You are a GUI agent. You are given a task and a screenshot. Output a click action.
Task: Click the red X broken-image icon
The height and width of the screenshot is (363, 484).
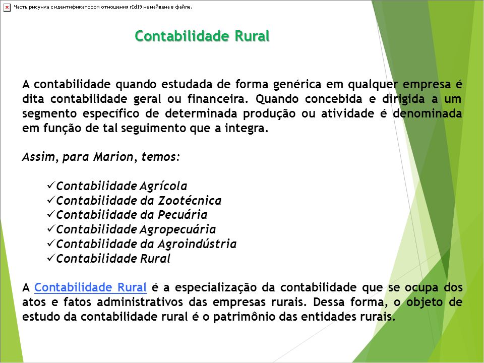click(7, 7)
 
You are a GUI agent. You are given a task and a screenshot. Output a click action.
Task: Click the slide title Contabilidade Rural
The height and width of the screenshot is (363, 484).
click(202, 36)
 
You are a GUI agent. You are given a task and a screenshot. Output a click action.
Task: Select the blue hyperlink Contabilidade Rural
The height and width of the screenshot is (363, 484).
click(90, 287)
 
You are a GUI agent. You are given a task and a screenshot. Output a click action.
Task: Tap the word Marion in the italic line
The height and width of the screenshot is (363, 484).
click(113, 156)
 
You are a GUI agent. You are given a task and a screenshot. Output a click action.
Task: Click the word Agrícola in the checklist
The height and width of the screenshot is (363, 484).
click(163, 186)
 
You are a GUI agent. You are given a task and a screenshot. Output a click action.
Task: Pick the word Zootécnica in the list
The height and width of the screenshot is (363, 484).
click(190, 200)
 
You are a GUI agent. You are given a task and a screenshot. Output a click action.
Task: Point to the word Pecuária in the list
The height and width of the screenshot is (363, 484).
click(183, 215)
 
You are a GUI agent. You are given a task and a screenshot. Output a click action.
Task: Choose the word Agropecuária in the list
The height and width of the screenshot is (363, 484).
click(178, 229)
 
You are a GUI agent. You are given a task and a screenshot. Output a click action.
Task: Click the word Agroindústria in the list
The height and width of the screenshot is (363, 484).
click(197, 244)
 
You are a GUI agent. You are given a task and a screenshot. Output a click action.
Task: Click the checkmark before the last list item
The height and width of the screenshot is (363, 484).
click(51, 258)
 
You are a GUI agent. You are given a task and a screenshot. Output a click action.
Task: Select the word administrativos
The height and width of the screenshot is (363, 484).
click(140, 301)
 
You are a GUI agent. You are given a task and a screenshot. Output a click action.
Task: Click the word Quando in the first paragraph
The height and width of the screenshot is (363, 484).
click(277, 99)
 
